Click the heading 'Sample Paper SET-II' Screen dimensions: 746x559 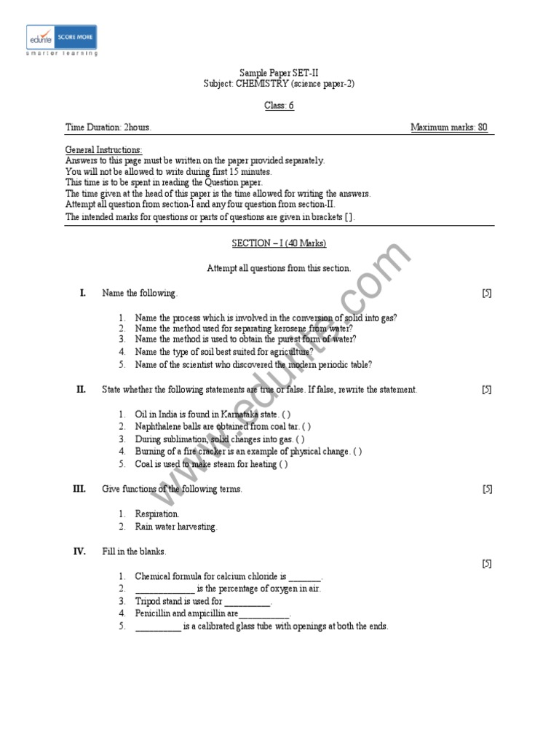(x=279, y=73)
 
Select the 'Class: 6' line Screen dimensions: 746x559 (x=279, y=106)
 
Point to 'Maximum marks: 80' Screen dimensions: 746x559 (x=449, y=127)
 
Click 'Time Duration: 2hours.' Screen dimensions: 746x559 (x=108, y=127)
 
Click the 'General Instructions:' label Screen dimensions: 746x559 (x=103, y=149)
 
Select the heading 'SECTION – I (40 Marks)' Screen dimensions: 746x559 (x=279, y=243)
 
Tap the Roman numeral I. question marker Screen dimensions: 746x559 (x=83, y=293)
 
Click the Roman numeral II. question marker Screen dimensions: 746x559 (x=82, y=390)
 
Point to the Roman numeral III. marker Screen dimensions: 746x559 (x=80, y=490)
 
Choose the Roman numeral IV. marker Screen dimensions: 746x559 (x=80, y=551)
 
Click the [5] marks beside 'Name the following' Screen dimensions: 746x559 (x=487, y=293)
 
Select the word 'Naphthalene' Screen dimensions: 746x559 (x=159, y=427)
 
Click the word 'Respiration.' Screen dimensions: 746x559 (x=157, y=514)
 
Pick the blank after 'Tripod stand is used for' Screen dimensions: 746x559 (x=247, y=602)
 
